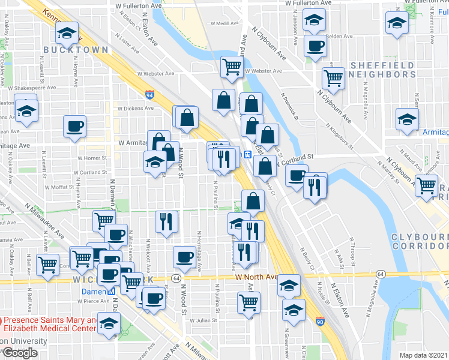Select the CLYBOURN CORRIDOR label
(420, 242)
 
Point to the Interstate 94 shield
(149, 95)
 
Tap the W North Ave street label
(257, 277)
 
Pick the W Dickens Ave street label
(136, 109)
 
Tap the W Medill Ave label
(223, 24)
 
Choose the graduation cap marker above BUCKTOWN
(68, 32)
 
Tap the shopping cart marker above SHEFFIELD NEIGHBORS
(333, 76)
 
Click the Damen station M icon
(110, 292)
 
